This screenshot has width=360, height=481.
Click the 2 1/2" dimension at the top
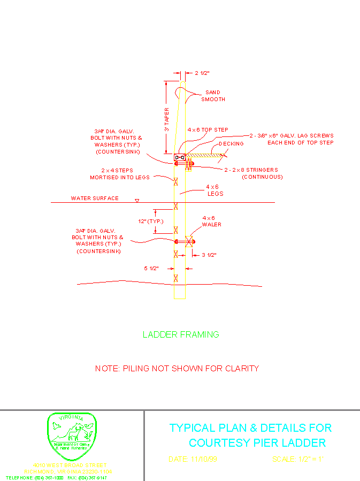[x=202, y=73]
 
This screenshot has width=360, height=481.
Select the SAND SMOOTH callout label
[x=213, y=96]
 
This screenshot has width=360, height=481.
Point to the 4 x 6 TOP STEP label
[x=208, y=130]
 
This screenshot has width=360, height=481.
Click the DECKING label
[x=231, y=143]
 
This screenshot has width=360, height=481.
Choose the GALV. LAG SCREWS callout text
[x=292, y=139]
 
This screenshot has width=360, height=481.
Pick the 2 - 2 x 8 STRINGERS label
[x=251, y=173]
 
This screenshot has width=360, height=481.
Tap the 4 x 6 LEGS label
[x=215, y=190]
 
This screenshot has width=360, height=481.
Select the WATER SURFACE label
[x=95, y=198]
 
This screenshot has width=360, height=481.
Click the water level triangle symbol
[x=137, y=201]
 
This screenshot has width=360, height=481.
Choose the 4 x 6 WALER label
[x=209, y=221]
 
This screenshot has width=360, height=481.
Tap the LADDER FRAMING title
[x=181, y=335]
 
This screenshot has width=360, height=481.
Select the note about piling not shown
[x=177, y=369]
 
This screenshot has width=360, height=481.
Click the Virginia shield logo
[x=72, y=437]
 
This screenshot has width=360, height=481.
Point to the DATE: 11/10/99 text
[x=193, y=459]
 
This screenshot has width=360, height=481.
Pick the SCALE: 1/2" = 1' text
[x=297, y=459]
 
